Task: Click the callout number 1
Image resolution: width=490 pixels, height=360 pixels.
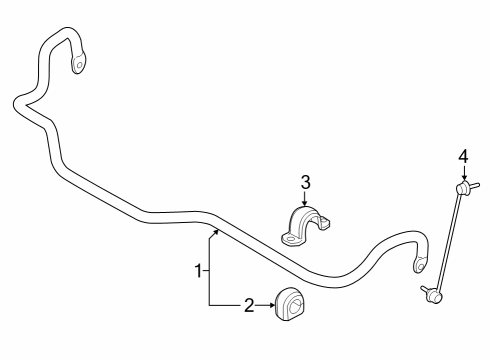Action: (x=198, y=269)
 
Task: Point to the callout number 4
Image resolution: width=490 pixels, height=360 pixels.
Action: (x=463, y=155)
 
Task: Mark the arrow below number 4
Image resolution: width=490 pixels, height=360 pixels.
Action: (x=463, y=173)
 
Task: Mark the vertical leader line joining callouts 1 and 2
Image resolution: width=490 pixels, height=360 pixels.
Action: (x=210, y=270)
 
